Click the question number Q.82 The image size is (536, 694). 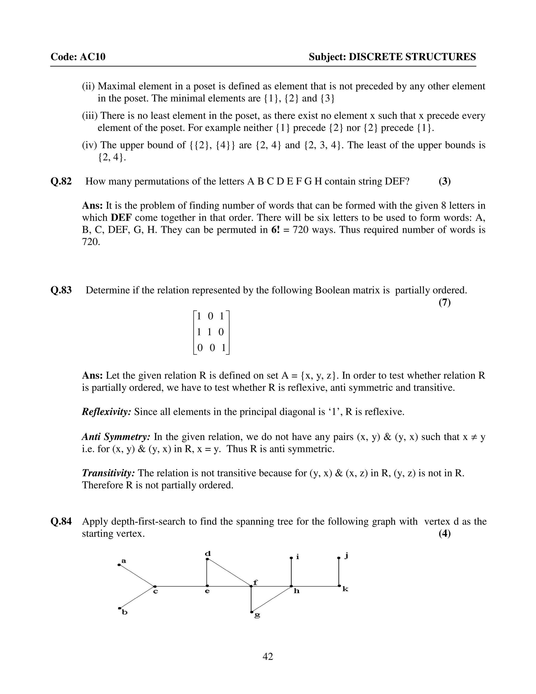pos(61,181)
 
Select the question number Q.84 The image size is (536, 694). pos(61,521)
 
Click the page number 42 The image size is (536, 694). pos(268,657)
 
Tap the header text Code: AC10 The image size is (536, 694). pos(78,57)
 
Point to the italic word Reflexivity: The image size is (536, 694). pos(106,412)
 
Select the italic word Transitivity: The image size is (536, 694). pos(108,473)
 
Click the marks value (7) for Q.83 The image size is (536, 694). pos(445,302)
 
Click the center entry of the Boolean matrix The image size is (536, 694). pos(210,332)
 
